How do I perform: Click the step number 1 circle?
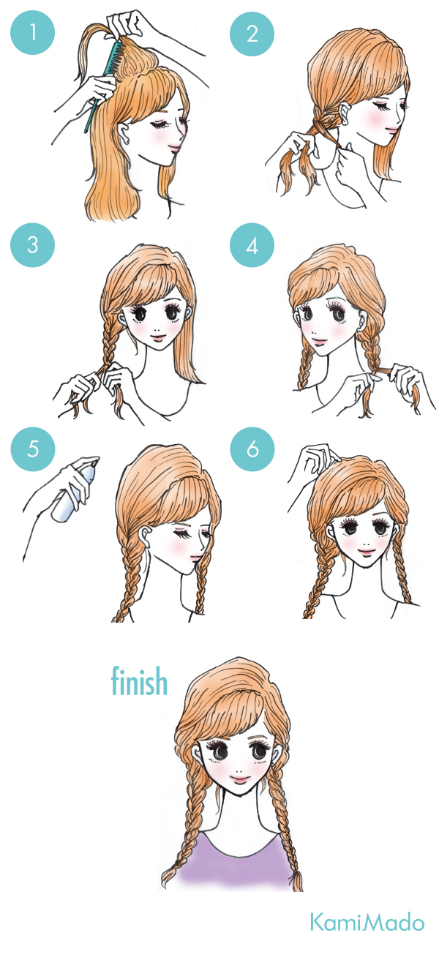point(33,33)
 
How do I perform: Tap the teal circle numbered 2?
point(252,34)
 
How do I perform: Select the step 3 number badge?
point(33,244)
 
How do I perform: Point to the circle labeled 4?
point(252,245)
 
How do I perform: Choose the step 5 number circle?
point(33,449)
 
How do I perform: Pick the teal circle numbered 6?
point(252,449)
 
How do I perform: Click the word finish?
point(139,680)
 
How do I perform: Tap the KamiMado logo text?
point(367,923)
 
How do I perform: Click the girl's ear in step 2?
point(345,114)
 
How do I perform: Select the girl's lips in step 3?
point(158,337)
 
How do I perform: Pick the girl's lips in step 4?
point(319,341)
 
